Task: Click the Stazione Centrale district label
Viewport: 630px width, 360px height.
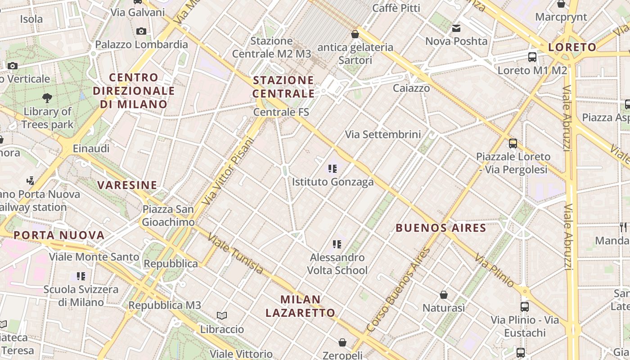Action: click(283, 87)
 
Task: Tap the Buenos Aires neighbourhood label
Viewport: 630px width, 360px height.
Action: click(441, 228)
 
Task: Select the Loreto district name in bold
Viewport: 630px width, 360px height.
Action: click(572, 47)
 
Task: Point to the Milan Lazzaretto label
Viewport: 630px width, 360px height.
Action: click(300, 306)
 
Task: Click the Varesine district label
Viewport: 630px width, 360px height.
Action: click(127, 185)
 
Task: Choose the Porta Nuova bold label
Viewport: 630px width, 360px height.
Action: click(59, 235)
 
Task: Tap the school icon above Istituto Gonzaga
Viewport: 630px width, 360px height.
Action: click(333, 169)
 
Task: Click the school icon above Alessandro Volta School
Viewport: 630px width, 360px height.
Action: click(337, 244)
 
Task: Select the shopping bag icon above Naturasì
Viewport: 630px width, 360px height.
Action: click(444, 295)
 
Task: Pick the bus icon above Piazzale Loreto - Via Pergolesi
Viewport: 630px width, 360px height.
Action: click(513, 144)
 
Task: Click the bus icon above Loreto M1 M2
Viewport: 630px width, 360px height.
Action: click(532, 57)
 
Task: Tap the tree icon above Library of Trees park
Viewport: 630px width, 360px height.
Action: click(47, 98)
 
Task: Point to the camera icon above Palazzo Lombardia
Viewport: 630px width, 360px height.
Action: click(141, 31)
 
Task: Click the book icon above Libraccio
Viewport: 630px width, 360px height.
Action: click(222, 315)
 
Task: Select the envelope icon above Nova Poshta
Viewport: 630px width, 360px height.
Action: click(456, 28)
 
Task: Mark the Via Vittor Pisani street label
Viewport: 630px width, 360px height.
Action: click(228, 171)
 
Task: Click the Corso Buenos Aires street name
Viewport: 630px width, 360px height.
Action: click(398, 290)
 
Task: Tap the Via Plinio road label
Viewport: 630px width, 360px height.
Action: click(494, 270)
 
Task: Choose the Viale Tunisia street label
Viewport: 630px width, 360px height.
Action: click(235, 253)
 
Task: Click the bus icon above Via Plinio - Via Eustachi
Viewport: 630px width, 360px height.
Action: click(525, 306)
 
